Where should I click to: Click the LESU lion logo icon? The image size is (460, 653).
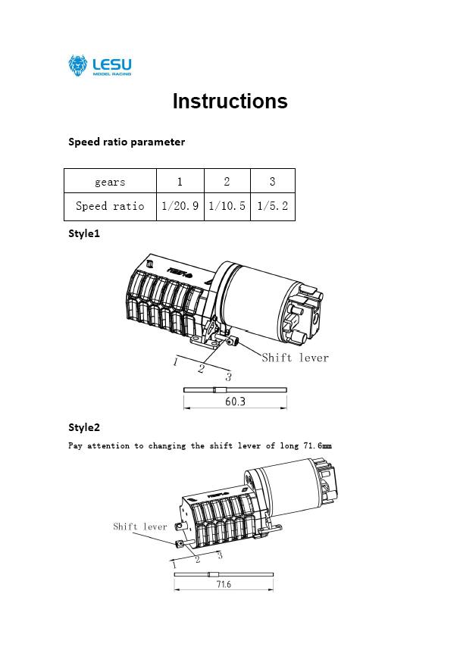point(78,66)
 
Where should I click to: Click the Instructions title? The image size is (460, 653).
point(230,102)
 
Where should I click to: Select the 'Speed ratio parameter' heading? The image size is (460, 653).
point(126,142)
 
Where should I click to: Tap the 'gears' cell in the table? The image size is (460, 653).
point(110,182)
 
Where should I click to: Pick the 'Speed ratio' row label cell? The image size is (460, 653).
point(110,206)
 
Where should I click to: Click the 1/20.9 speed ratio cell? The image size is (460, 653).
point(180,206)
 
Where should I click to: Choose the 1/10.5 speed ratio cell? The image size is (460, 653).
point(227,206)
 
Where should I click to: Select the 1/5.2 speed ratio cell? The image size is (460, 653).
point(272,206)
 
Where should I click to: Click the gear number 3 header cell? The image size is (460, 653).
point(272,182)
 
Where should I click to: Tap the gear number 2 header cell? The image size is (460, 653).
point(227,182)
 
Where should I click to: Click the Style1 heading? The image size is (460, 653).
point(84,233)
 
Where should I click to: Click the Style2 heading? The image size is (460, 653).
point(84,427)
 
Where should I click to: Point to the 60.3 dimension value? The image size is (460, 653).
point(235,401)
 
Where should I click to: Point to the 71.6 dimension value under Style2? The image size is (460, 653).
point(224,585)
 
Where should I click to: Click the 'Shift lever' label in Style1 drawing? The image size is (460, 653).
point(295,358)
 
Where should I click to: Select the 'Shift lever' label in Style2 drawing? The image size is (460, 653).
point(140,526)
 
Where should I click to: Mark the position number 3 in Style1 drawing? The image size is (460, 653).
point(228,377)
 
